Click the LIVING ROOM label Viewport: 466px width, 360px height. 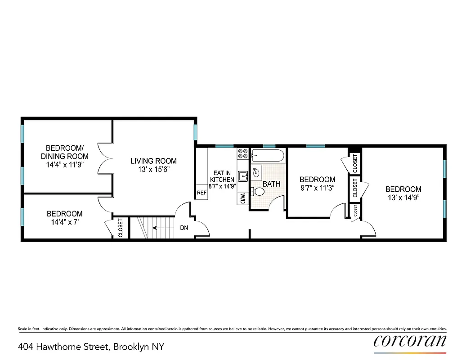(x=154, y=161)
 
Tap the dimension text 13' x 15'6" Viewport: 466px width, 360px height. (x=154, y=170)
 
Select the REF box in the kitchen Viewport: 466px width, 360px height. (x=202, y=193)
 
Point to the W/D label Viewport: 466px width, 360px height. (x=242, y=198)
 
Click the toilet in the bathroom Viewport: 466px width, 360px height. (x=258, y=191)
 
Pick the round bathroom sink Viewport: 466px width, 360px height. (x=256, y=172)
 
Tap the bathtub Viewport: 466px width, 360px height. (x=268, y=156)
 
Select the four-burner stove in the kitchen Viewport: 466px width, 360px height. (x=243, y=154)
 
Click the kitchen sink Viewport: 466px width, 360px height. (x=242, y=176)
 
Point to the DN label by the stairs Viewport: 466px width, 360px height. (x=184, y=228)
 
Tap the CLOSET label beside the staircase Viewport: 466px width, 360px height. (x=121, y=228)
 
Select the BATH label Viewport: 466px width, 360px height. (x=271, y=184)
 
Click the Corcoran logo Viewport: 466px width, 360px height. (x=410, y=340)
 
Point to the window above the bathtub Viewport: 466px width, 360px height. (x=269, y=146)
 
